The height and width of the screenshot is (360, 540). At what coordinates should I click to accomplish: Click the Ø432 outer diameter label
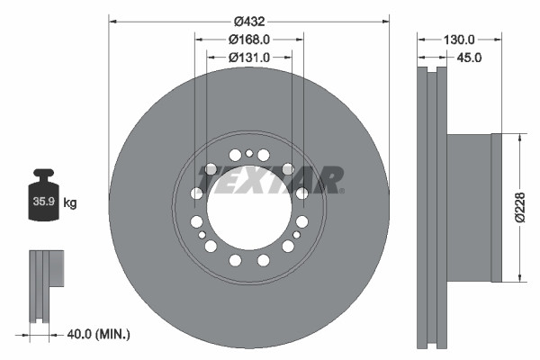[249, 21]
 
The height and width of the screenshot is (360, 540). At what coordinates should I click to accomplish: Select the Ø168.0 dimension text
[249, 40]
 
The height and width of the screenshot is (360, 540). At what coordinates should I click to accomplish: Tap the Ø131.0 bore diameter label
[249, 58]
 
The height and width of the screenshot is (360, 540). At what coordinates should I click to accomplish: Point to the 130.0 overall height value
[458, 40]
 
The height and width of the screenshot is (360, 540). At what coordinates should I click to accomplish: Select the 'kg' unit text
[70, 203]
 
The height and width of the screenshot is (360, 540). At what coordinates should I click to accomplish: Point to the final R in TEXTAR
[328, 180]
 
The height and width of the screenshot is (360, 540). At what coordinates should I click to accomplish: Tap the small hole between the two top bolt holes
[249, 154]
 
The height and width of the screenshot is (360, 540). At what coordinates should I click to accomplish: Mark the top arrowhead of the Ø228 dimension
[519, 137]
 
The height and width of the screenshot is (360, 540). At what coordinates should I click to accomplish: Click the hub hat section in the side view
[470, 208]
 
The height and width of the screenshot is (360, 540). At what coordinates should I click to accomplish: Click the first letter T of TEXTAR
[213, 180]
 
